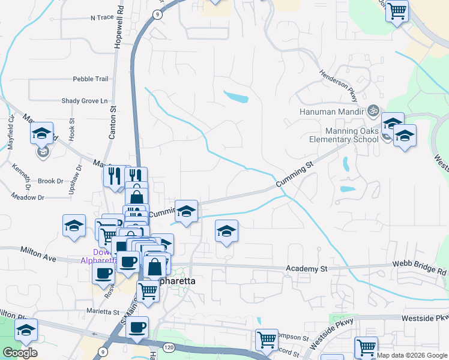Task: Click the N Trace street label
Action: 102,18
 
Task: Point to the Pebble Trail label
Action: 91,79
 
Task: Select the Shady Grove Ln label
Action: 88,101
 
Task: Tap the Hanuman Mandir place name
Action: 332,112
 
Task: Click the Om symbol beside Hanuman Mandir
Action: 372,110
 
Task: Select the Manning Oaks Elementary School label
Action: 345,135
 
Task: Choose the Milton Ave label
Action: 38,254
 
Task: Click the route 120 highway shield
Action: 169,347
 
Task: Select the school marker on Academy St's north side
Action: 226,231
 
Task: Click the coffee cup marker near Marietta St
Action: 137,328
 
